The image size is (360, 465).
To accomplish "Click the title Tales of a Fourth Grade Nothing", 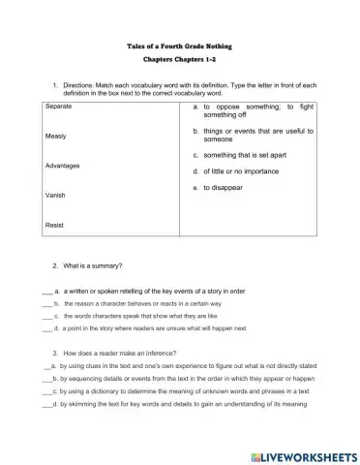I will pyautogui.click(x=180, y=46).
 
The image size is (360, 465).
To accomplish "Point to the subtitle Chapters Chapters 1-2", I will pyautogui.click(x=180, y=60).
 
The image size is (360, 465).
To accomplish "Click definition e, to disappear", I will pyautogui.click(x=223, y=187).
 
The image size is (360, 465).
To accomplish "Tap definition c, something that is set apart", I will pyautogui.click(x=248, y=154).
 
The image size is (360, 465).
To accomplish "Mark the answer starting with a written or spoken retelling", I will pyautogui.click(x=165, y=291).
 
